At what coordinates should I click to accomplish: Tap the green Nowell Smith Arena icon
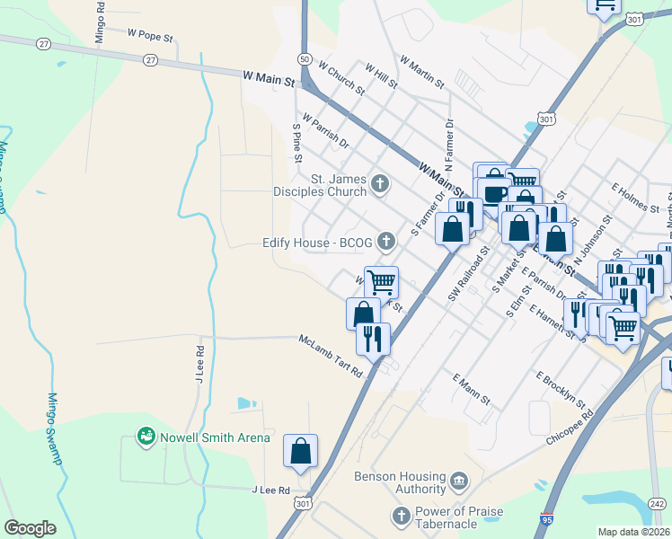(x=145, y=437)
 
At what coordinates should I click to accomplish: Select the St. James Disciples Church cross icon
(x=380, y=185)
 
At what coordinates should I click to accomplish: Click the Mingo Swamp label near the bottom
(x=56, y=427)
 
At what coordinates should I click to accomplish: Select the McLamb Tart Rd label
(x=331, y=356)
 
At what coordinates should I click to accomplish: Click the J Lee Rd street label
(x=270, y=490)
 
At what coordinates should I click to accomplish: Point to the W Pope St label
(x=149, y=35)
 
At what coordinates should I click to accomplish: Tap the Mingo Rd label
(x=100, y=19)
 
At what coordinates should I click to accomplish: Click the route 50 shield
(x=305, y=59)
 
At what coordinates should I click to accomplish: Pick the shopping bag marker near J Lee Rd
(x=300, y=451)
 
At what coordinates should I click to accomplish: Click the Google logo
(x=30, y=528)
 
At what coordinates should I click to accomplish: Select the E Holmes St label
(x=635, y=198)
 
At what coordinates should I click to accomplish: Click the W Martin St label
(x=422, y=74)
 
